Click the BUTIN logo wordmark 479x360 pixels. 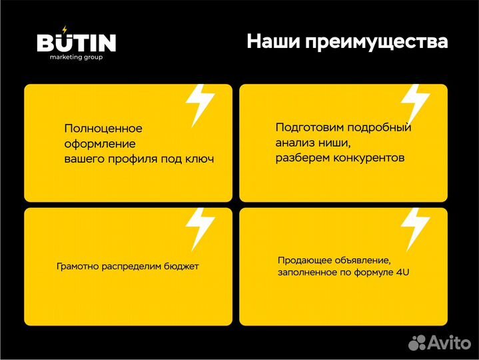point(76,43)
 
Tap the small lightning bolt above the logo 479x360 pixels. point(65,29)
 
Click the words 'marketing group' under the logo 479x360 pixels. point(76,57)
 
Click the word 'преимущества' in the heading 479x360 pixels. point(378,43)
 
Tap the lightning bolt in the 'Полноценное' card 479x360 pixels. point(199,105)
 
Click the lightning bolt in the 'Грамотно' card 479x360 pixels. point(199,228)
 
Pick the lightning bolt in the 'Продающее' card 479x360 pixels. point(414,228)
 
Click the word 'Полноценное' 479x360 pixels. point(103,129)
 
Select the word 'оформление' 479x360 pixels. point(100,144)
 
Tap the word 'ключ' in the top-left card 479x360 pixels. point(199,159)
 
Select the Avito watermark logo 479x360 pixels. point(439,343)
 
